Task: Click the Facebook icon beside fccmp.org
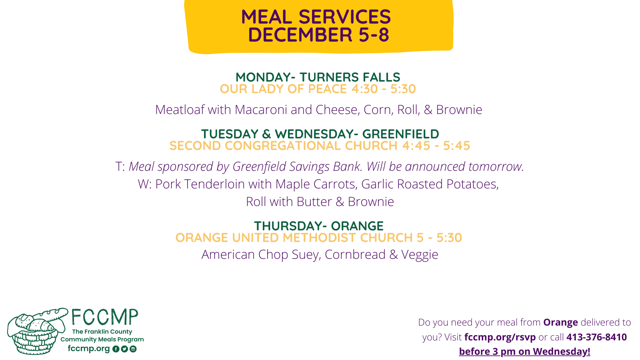tap(116, 349)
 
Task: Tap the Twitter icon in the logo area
tap(124, 349)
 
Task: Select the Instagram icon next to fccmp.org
tap(133, 349)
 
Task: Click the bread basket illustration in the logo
tap(37, 332)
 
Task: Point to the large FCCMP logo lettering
tap(104, 317)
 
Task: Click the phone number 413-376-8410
tap(596, 337)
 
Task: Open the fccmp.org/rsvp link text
tap(500, 338)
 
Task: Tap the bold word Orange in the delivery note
tap(560, 322)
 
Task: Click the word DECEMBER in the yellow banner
tap(300, 34)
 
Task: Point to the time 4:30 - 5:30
tap(384, 89)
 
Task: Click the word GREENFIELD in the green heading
tap(400, 134)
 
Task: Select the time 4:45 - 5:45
tap(436, 146)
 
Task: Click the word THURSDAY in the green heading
tap(288, 226)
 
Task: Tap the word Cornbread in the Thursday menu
tap(355, 254)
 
